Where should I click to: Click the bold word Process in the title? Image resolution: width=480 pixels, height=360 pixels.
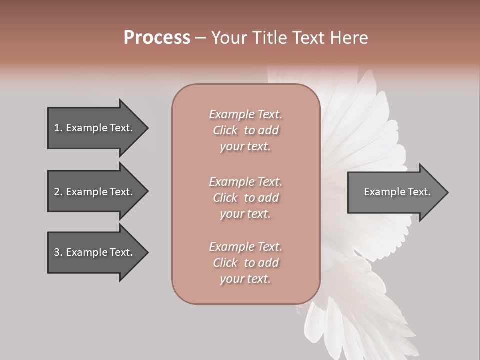pos(157,38)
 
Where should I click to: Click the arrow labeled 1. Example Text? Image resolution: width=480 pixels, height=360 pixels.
pos(93,128)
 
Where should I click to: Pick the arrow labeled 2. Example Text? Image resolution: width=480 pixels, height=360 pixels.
pos(93,192)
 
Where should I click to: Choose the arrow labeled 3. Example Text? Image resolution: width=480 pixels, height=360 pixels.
pos(93,252)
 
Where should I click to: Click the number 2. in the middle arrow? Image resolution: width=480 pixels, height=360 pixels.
pos(58,192)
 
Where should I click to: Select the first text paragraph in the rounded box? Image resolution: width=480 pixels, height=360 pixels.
pos(245,130)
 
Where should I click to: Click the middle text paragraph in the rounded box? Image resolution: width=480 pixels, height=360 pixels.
pos(245,198)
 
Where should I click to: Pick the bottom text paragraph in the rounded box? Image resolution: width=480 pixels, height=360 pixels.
pos(245,263)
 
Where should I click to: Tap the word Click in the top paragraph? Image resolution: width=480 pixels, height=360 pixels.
pos(225,130)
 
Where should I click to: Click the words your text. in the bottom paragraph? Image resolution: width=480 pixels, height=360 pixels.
pos(245,279)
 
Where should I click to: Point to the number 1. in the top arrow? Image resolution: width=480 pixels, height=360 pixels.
pos(58,128)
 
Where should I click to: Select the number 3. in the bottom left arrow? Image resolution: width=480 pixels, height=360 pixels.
pos(58,252)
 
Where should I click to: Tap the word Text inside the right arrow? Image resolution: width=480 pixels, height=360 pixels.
pos(419,192)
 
